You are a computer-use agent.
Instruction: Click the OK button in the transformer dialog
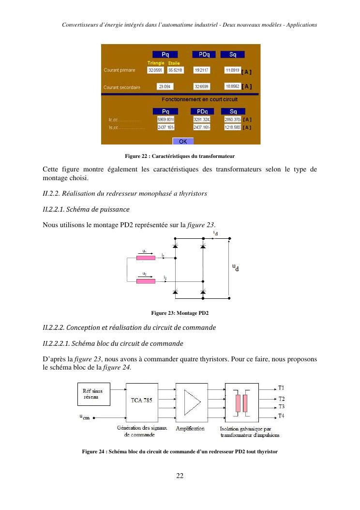click(183, 141)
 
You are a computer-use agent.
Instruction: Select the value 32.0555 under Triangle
click(156, 71)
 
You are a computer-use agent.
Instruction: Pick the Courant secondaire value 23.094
click(165, 87)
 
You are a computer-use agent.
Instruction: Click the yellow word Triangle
click(156, 63)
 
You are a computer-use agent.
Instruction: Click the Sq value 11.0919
click(232, 71)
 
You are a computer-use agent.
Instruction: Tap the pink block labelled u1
click(146, 258)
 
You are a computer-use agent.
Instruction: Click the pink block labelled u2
click(146, 281)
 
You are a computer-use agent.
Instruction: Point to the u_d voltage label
click(235, 267)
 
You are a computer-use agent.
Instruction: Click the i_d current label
click(215, 234)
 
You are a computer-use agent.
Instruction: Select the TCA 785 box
click(142, 402)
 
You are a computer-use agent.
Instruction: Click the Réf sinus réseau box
click(93, 394)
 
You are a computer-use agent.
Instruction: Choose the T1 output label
click(281, 388)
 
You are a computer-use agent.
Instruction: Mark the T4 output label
click(281, 416)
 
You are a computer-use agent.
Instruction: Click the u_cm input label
click(85, 417)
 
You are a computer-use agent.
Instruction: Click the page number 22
click(180, 476)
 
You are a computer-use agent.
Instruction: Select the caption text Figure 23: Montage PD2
click(180, 313)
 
